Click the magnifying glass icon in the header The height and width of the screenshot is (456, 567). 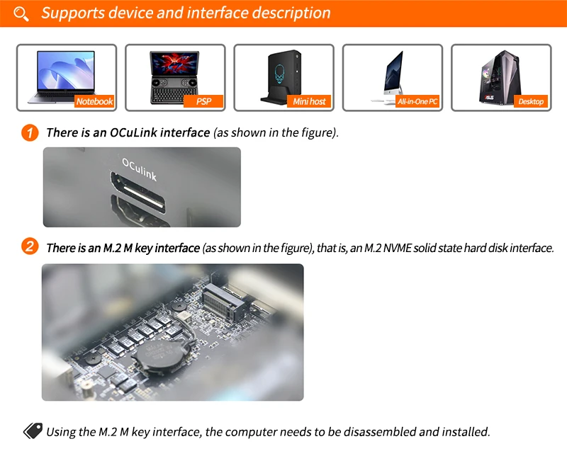(21, 13)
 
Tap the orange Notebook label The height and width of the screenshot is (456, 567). (94, 101)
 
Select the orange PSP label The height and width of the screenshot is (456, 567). (203, 101)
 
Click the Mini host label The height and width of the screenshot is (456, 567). (309, 101)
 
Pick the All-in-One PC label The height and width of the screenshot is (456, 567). (417, 101)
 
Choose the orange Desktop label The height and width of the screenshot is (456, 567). (531, 101)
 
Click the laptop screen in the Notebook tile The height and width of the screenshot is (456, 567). (66, 71)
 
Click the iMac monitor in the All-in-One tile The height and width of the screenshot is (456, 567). (393, 72)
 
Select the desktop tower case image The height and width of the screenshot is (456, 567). (501, 78)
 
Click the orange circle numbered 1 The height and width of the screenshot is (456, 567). (30, 132)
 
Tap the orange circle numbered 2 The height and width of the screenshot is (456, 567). (30, 247)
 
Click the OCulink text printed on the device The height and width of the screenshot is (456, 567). (139, 169)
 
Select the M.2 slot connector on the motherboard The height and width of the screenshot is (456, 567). (223, 302)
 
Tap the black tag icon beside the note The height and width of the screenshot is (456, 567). (33, 431)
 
